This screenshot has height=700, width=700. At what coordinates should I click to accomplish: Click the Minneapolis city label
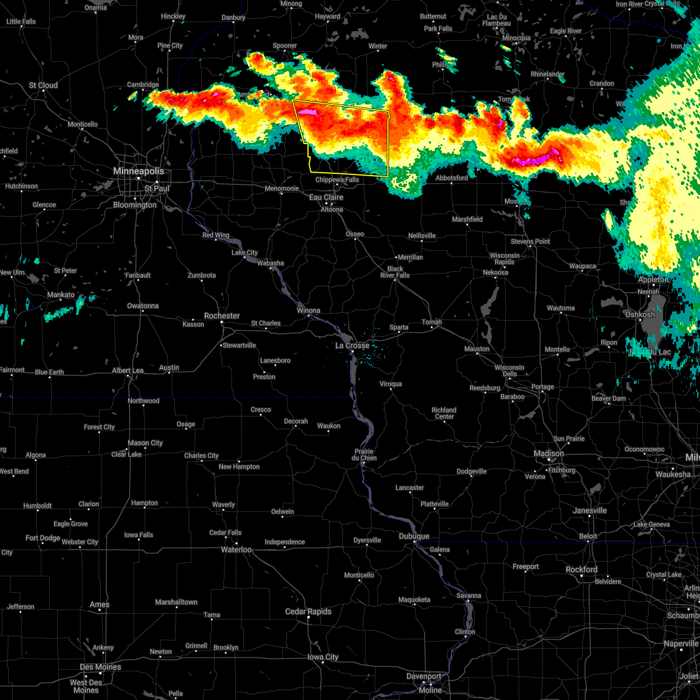[138, 171]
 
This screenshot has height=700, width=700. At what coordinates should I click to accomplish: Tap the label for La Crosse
[352, 345]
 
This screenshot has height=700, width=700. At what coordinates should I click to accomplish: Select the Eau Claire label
[326, 197]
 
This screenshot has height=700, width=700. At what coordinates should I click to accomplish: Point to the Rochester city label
[222, 316]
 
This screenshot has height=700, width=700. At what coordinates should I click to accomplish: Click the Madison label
[549, 453]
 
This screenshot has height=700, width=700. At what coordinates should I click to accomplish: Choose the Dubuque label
[414, 536]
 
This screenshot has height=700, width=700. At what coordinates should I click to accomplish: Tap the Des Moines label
[100, 667]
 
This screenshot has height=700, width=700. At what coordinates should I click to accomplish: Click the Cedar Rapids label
[308, 611]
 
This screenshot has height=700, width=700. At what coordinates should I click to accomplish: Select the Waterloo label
[237, 549]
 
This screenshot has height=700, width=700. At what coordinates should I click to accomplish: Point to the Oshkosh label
[640, 314]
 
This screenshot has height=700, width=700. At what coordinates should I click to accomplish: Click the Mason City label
[146, 443]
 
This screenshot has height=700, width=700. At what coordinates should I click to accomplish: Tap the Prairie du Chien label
[364, 454]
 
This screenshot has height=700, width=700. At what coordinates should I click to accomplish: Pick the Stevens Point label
[531, 242]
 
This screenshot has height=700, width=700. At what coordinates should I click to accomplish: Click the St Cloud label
[44, 85]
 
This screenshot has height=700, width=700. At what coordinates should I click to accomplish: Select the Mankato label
[61, 295]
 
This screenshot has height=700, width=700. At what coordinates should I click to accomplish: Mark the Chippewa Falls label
[337, 180]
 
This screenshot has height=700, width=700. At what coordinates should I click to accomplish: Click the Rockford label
[581, 569]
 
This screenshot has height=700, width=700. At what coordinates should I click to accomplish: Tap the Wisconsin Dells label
[509, 371]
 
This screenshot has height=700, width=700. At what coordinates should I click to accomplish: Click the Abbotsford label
[452, 178]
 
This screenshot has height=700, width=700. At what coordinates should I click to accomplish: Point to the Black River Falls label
[395, 272]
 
